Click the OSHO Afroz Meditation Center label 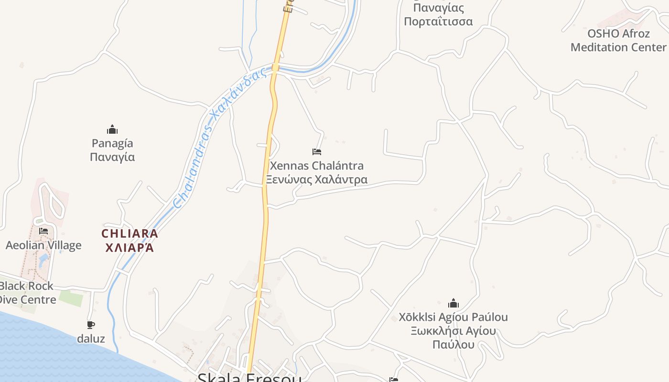coord(618,41)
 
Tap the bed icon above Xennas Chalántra coord(316,152)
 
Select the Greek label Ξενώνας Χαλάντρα coord(317,180)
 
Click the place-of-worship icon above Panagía coord(112,129)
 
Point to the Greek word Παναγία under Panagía coord(112,157)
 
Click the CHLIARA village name coord(129,234)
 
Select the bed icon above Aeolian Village coord(43,231)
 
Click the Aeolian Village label coord(43,245)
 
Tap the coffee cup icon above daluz coord(91,325)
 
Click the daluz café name coord(91,339)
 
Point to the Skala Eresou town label coord(249,377)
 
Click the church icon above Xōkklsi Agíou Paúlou coord(453,303)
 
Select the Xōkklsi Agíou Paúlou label coord(453,317)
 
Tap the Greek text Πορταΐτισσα coord(438,21)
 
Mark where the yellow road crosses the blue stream coord(276,67)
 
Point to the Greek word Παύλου coord(453,344)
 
